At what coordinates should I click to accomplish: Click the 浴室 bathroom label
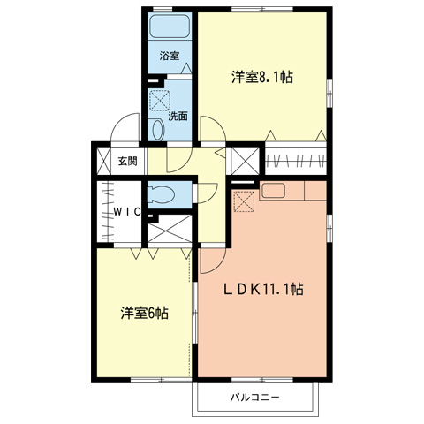[169, 56]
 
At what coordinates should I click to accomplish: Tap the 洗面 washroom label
[177, 115]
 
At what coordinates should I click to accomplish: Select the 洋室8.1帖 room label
[262, 77]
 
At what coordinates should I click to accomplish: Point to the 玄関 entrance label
[126, 161]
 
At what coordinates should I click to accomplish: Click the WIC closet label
[128, 213]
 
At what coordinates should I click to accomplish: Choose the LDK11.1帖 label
[262, 289]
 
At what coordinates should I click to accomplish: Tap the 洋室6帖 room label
[144, 313]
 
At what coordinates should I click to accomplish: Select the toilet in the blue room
[163, 193]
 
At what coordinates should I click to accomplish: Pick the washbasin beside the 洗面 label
[157, 130]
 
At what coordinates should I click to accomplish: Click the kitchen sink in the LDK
[271, 189]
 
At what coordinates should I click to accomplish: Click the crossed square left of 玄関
[101, 160]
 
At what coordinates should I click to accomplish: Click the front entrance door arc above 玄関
[125, 130]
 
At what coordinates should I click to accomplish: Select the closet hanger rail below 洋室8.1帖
[297, 162]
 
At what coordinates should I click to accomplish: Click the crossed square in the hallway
[244, 160]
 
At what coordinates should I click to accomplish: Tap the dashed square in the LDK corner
[244, 201]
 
